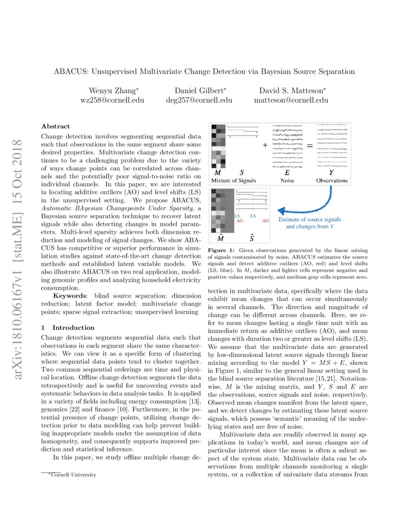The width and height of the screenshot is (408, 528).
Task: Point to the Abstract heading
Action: (x=56, y=126)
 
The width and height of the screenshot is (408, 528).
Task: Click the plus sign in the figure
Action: (x=264, y=145)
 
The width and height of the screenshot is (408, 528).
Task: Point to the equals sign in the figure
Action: (x=310, y=145)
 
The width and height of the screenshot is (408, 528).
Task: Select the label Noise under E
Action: (x=288, y=180)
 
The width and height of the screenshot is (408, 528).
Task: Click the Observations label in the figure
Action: (x=332, y=180)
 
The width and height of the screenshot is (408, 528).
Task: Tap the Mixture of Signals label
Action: (x=234, y=180)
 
